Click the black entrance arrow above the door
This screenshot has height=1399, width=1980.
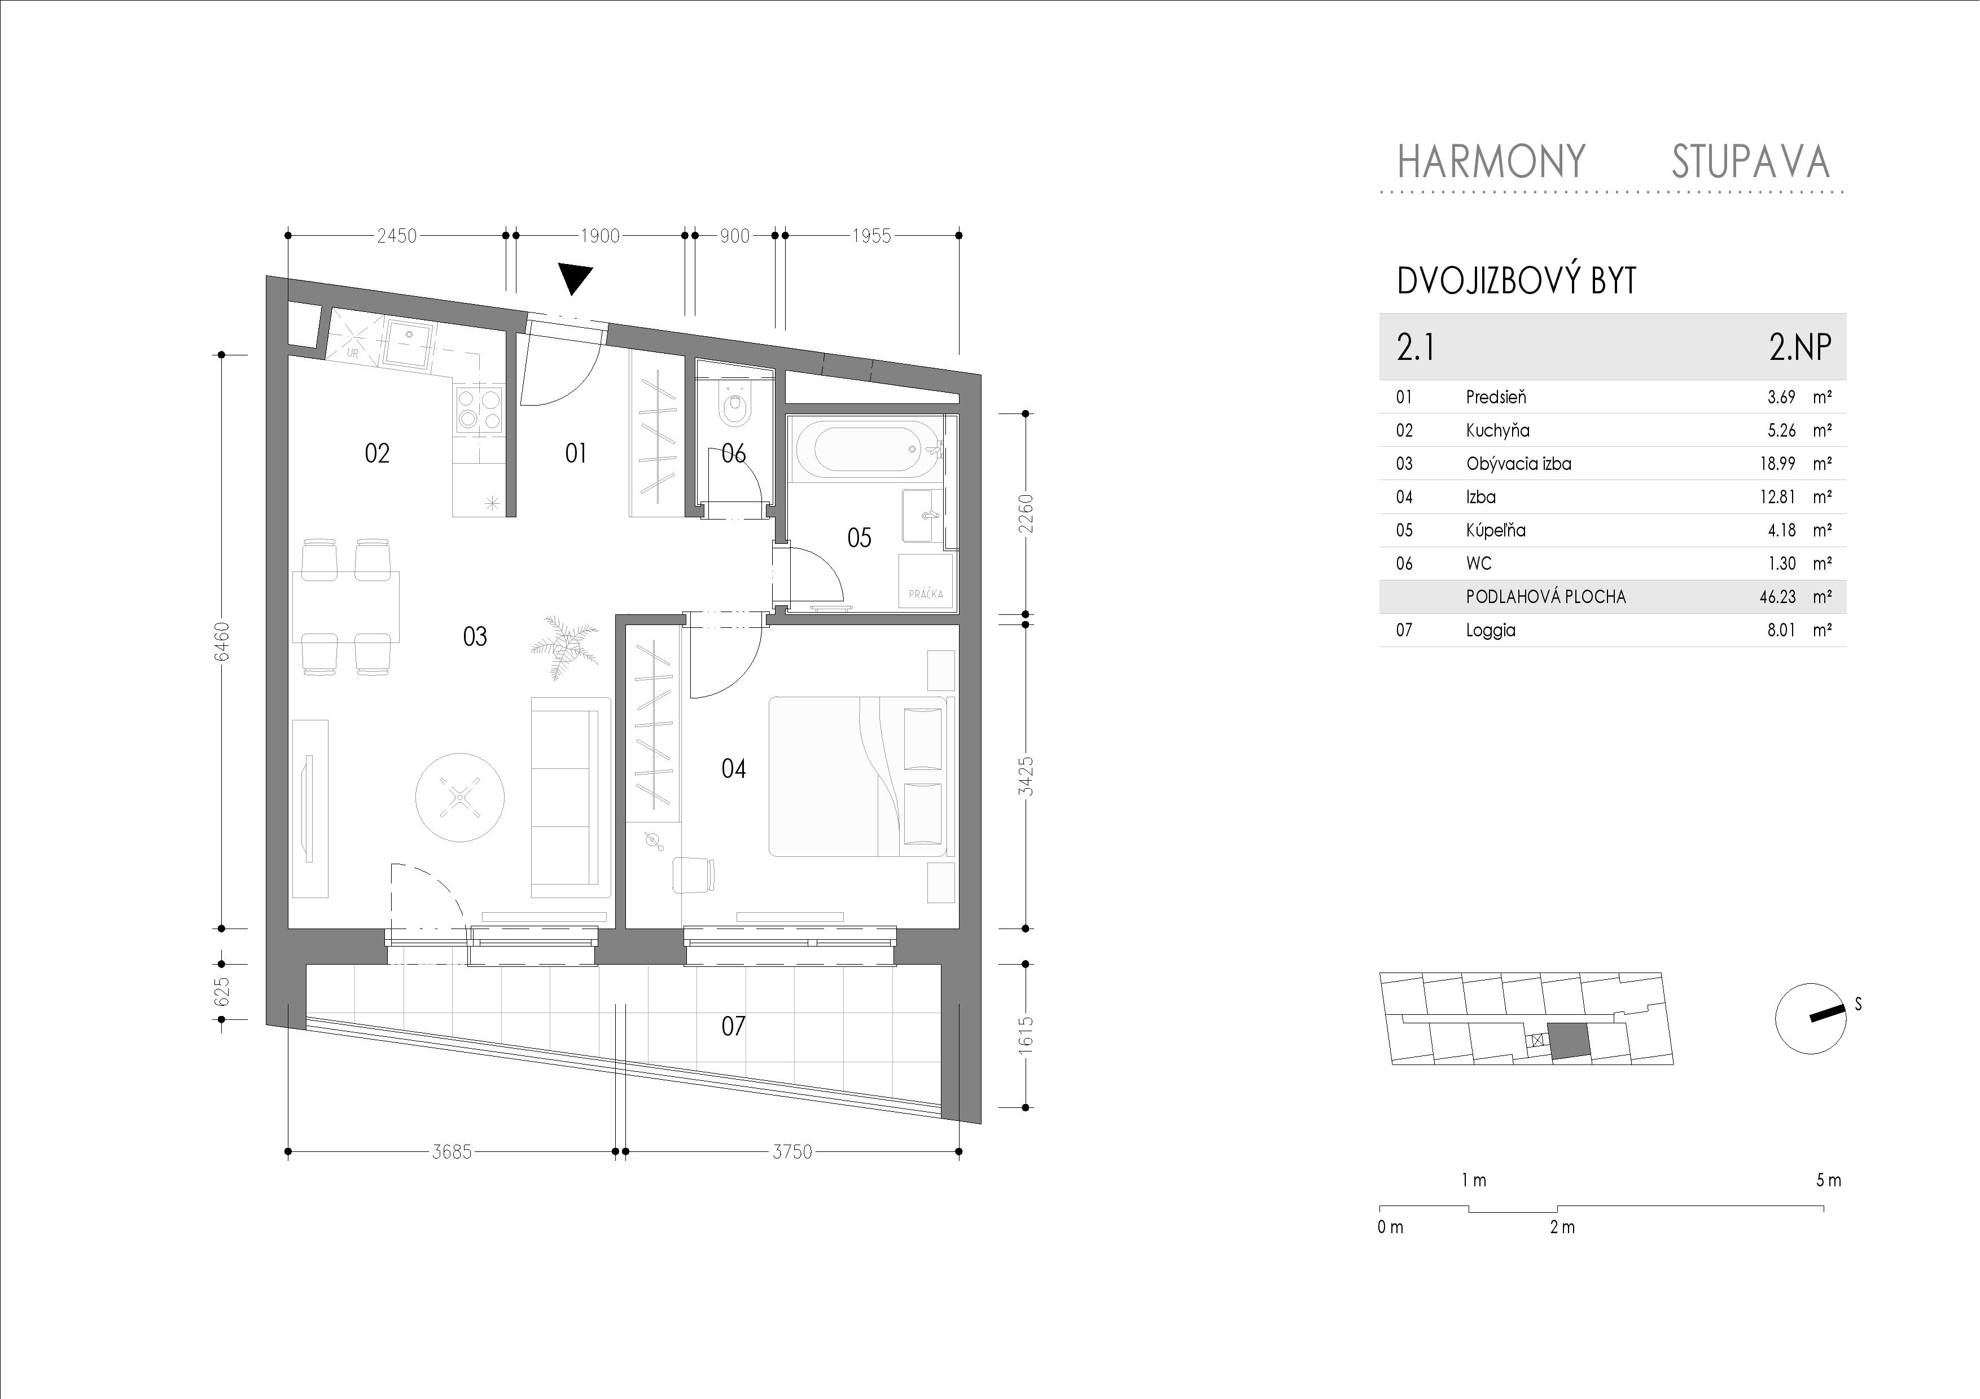(x=575, y=279)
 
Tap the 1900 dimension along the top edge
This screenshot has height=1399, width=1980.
(x=599, y=235)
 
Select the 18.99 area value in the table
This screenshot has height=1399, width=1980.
(x=1777, y=464)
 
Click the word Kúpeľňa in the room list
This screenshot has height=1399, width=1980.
(x=1495, y=530)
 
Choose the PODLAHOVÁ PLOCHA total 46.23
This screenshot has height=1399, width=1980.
(x=1777, y=596)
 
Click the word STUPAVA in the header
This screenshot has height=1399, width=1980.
(x=1751, y=161)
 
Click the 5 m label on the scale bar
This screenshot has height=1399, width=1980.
(x=1828, y=1180)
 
